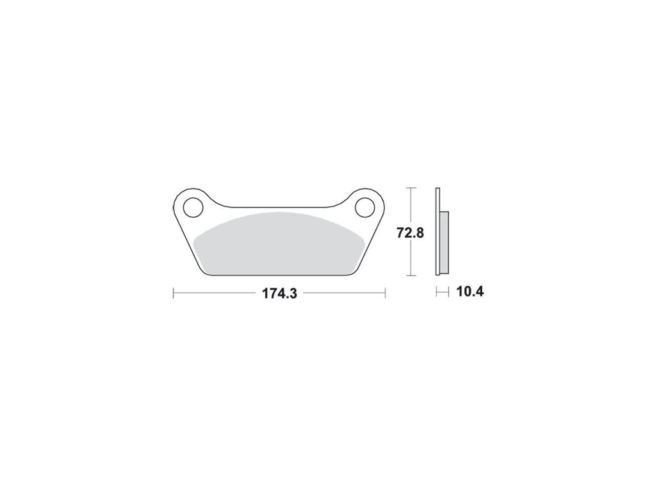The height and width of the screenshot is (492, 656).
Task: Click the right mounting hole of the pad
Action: pyautogui.click(x=365, y=207)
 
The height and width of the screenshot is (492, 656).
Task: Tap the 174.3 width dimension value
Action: pyautogui.click(x=279, y=293)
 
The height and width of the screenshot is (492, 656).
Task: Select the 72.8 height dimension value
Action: pyautogui.click(x=410, y=232)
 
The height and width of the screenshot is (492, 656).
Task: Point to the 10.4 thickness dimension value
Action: pyautogui.click(x=470, y=291)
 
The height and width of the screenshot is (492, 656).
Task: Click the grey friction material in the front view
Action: pyautogui.click(x=279, y=244)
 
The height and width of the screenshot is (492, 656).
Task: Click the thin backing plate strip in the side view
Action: pyautogui.click(x=438, y=231)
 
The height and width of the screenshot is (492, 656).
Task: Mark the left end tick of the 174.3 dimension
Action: pyautogui.click(x=173, y=293)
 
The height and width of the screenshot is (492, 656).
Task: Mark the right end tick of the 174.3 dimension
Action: pyautogui.click(x=385, y=293)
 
